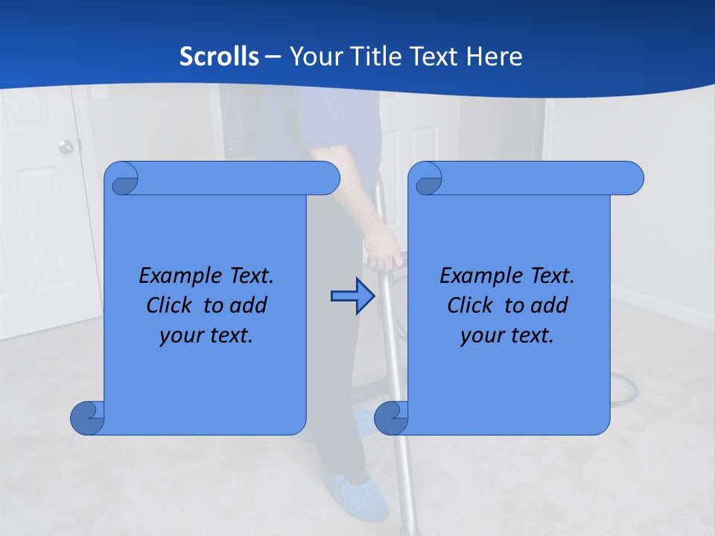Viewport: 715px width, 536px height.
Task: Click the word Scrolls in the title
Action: tap(220, 56)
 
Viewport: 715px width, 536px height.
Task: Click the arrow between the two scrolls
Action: tap(352, 296)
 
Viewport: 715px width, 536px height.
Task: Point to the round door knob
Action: tap(67, 147)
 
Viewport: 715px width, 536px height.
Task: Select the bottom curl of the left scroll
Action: tap(88, 418)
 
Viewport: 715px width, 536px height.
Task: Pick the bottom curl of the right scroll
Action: tap(392, 418)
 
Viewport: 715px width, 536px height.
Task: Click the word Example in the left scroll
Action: tap(176, 276)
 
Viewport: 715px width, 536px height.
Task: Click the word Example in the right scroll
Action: tap(477, 276)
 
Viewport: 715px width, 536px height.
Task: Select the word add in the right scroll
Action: tap(550, 305)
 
